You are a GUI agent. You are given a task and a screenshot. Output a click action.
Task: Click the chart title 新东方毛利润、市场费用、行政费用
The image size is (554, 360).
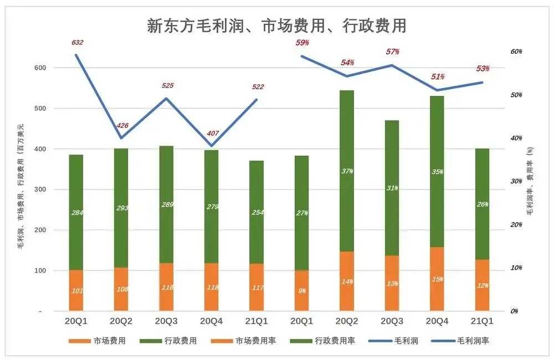276,25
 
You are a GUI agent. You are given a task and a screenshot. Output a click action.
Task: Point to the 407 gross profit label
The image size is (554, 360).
213,133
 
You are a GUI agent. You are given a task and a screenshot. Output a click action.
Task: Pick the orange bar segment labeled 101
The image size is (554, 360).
76,291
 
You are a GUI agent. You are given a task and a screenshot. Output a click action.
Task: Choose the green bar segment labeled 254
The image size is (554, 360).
257,213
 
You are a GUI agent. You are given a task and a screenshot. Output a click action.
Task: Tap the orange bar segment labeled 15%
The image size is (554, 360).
437,279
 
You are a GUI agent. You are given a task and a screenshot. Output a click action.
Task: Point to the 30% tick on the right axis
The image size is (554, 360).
515,182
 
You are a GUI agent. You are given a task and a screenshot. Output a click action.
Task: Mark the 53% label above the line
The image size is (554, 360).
483,69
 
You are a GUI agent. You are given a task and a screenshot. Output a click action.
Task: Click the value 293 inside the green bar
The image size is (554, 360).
122,209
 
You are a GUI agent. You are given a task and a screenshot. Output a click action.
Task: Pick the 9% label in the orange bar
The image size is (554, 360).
302,291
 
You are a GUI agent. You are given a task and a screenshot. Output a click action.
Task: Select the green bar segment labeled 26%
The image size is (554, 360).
483,205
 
